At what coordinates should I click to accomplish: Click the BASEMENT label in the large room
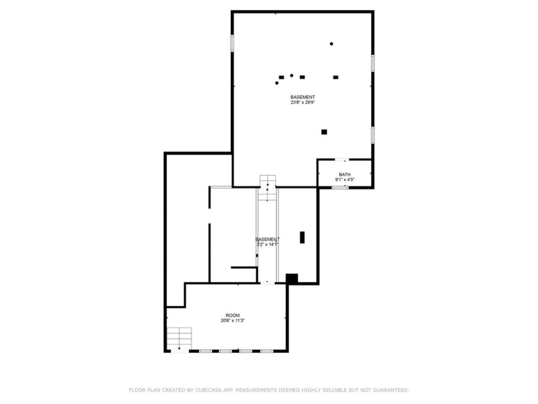click(x=303, y=97)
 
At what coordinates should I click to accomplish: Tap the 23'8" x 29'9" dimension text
click(x=303, y=103)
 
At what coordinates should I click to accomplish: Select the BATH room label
click(x=345, y=174)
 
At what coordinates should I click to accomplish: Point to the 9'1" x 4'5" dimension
click(x=345, y=179)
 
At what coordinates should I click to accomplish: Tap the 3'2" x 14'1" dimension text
click(x=267, y=244)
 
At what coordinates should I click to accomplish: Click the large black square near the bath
click(x=324, y=132)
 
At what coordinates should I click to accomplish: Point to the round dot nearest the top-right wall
click(x=331, y=44)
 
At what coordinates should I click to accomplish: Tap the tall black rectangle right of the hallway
click(x=302, y=237)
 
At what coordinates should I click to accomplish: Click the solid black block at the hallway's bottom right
click(x=292, y=278)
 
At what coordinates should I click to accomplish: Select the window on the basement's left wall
click(x=232, y=43)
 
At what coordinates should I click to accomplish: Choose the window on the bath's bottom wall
click(x=340, y=187)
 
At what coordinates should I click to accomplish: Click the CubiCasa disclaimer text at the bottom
click(x=268, y=390)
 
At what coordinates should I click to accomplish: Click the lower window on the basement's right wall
click(x=373, y=135)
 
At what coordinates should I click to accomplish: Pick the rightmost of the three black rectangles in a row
click(x=336, y=77)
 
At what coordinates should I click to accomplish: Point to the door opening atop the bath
click(x=342, y=160)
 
